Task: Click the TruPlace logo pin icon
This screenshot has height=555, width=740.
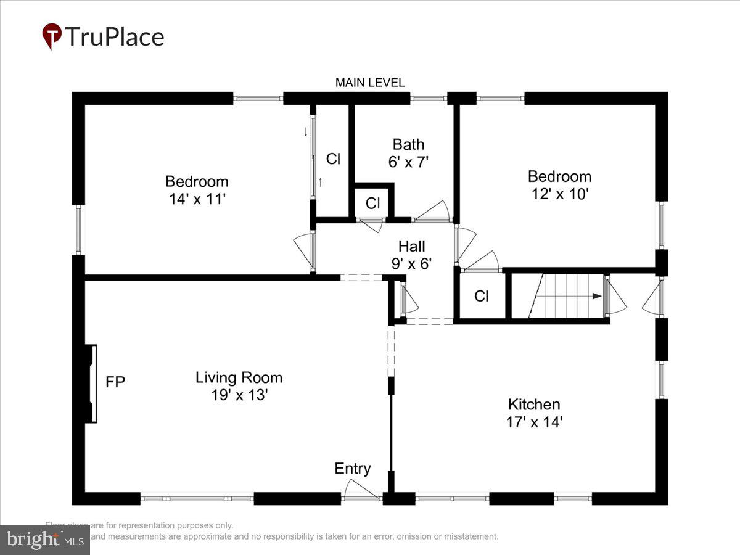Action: click(x=52, y=36)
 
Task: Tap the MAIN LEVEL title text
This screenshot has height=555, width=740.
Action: click(x=370, y=83)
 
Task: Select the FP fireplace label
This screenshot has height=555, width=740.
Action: click(x=115, y=382)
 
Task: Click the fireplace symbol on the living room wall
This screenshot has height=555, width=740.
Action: click(x=91, y=384)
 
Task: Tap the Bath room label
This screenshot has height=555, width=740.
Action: click(x=408, y=144)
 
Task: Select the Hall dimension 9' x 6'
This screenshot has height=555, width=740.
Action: click(x=411, y=264)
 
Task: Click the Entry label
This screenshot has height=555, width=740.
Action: click(x=353, y=469)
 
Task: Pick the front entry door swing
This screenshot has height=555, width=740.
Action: click(x=360, y=490)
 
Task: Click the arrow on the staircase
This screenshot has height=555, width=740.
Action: click(x=595, y=296)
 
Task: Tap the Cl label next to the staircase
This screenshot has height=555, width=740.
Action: click(x=482, y=297)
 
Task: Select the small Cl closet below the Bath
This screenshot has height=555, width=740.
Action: click(x=373, y=203)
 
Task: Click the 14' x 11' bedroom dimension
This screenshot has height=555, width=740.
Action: click(x=197, y=199)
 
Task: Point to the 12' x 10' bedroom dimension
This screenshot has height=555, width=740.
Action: click(x=559, y=194)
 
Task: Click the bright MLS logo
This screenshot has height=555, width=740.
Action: click(x=44, y=540)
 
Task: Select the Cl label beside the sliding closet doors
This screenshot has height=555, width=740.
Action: click(x=333, y=159)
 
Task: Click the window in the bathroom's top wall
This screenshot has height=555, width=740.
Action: click(x=429, y=97)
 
